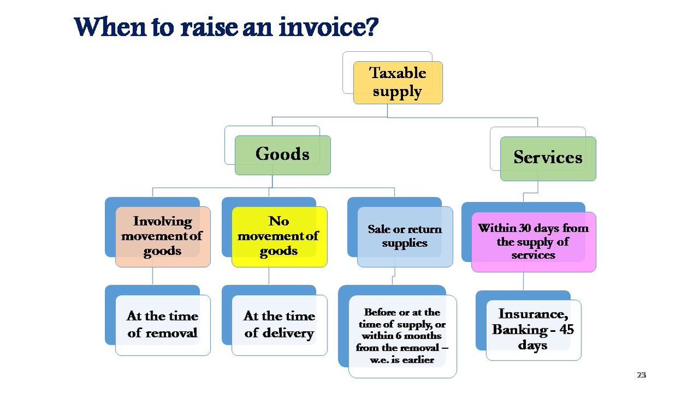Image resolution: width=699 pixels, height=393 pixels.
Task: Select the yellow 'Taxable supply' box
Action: [398, 83]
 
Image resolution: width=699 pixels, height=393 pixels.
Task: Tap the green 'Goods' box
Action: [283, 155]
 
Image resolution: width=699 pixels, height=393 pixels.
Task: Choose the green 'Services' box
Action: [548, 158]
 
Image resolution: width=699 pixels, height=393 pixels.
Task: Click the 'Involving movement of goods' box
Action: [163, 236]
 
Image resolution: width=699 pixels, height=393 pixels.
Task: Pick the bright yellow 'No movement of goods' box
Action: [279, 236]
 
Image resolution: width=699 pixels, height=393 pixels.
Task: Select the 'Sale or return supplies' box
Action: [405, 236]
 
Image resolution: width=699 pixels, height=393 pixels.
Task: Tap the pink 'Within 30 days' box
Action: [533, 242]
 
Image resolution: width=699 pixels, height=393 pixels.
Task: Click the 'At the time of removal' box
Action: [163, 325]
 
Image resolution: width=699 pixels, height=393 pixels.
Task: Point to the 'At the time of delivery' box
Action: [279, 325]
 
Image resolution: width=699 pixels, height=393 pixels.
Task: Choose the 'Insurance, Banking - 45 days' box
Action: [533, 330]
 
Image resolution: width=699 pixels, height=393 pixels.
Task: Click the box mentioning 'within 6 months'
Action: [402, 337]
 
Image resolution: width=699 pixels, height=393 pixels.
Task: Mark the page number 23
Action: [641, 375]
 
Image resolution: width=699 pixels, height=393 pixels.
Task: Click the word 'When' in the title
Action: [104, 27]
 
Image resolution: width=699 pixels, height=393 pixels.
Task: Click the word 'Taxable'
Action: [398, 73]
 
